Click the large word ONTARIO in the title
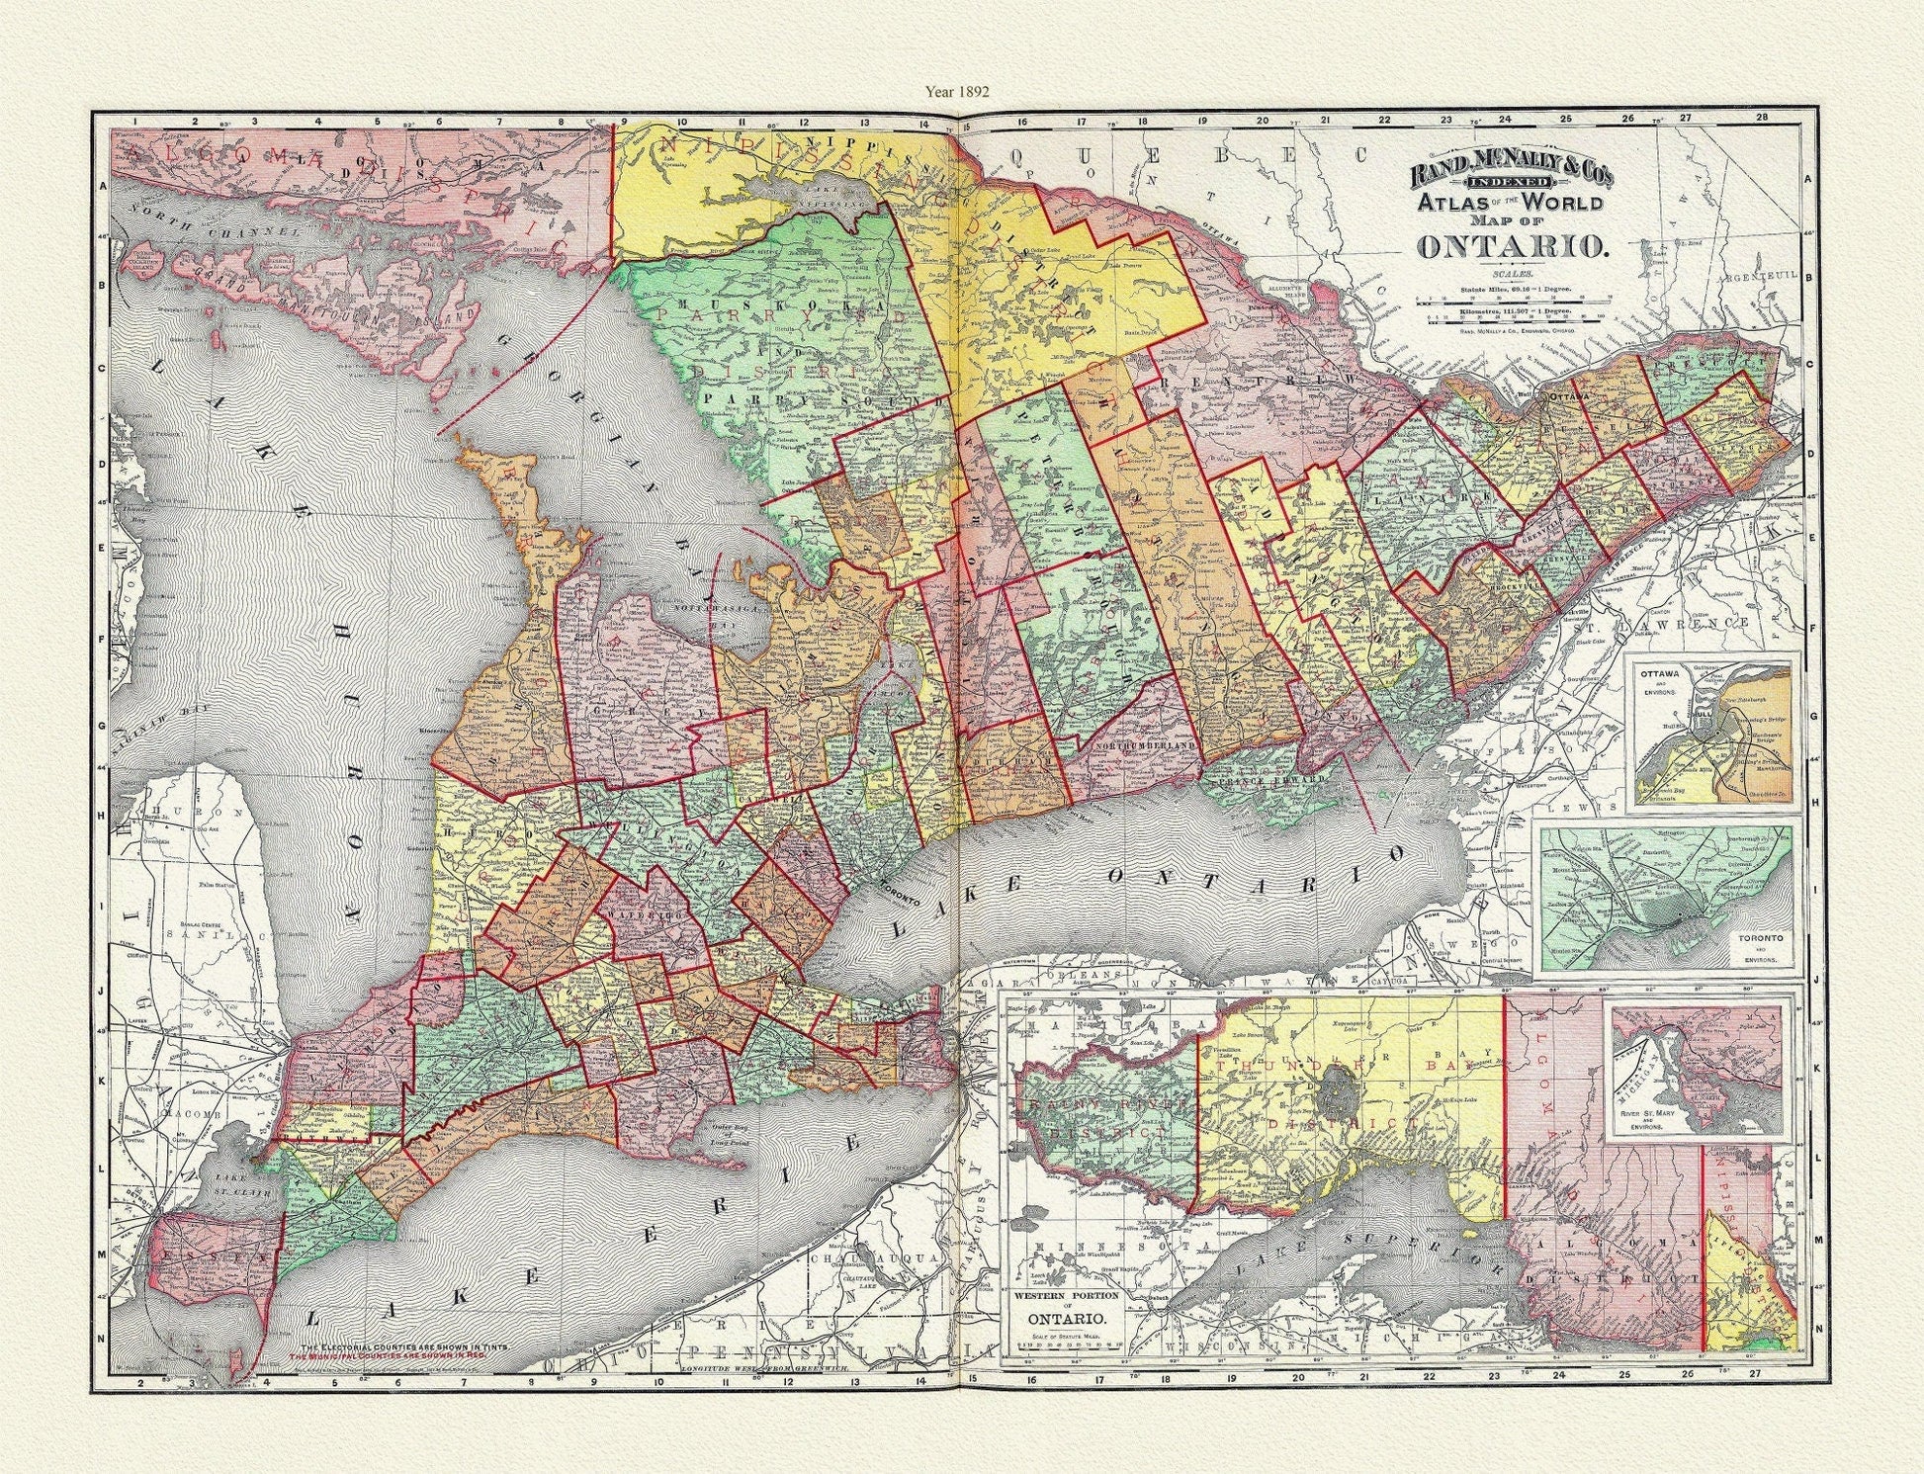(x=1513, y=247)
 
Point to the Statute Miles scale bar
(x=1513, y=298)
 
